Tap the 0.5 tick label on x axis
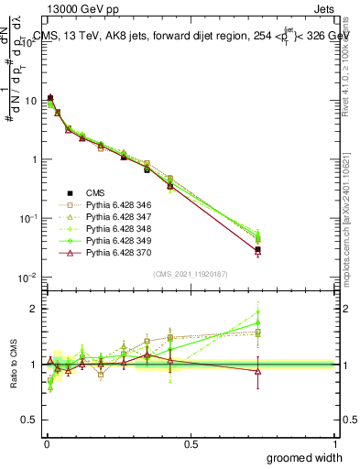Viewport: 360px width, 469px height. click(191, 443)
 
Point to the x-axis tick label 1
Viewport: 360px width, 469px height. click(335, 443)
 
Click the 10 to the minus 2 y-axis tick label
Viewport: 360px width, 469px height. click(27, 278)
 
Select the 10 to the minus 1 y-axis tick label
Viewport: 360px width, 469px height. click(27, 219)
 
